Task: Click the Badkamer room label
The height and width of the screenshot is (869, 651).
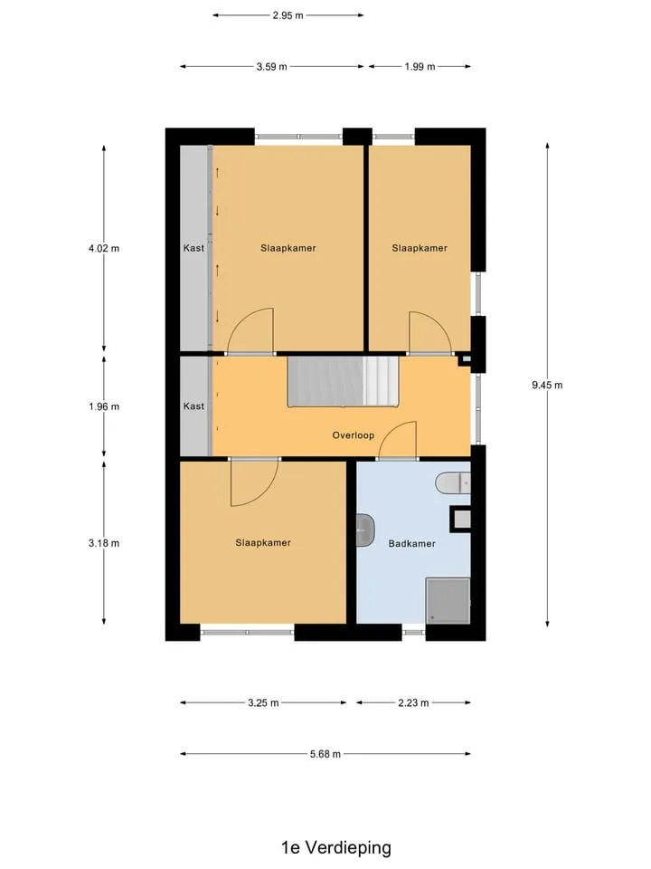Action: click(x=412, y=544)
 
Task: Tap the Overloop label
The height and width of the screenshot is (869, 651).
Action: click(x=354, y=435)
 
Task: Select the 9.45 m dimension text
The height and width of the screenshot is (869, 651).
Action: click(x=547, y=386)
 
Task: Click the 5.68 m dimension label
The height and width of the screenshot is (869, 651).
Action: click(x=325, y=754)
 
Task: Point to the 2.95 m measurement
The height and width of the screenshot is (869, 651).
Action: click(x=288, y=15)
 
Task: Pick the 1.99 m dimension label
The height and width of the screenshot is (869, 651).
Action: click(x=420, y=66)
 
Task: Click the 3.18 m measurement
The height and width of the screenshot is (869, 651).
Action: click(x=104, y=543)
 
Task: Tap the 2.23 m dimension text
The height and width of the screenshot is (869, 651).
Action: click(x=413, y=702)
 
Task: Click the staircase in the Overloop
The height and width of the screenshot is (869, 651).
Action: click(x=344, y=381)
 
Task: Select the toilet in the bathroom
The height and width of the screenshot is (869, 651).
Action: click(x=453, y=483)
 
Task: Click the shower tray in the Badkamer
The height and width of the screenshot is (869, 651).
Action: click(x=448, y=601)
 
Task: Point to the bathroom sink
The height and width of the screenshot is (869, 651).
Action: click(x=365, y=530)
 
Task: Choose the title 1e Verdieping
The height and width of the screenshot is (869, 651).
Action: click(x=336, y=847)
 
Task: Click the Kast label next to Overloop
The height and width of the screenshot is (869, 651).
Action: click(x=193, y=406)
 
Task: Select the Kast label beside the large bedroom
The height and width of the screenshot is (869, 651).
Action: click(x=193, y=248)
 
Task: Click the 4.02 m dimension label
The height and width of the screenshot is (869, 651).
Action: click(x=104, y=248)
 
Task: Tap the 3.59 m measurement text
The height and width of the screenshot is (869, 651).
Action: click(x=272, y=66)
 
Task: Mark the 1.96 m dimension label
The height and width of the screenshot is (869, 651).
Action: click(x=104, y=406)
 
